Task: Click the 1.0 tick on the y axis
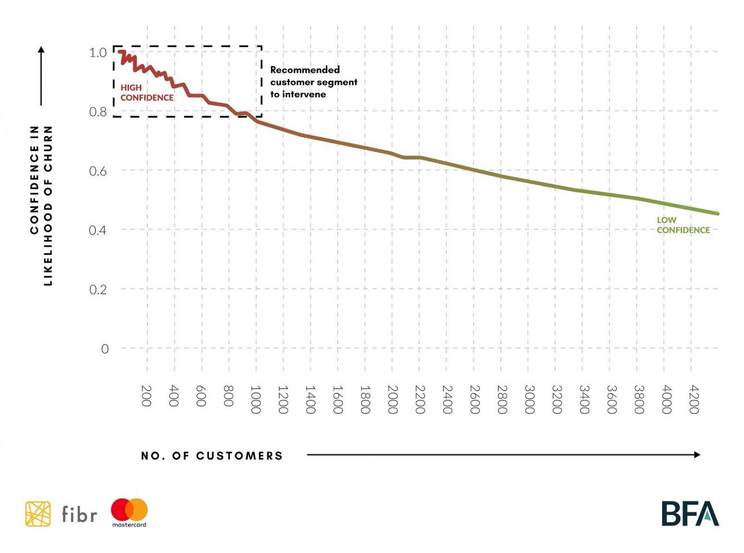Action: pyautogui.click(x=98, y=52)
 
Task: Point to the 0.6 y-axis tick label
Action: pyautogui.click(x=98, y=171)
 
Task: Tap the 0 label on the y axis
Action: pyautogui.click(x=105, y=349)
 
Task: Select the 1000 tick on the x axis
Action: pyautogui.click(x=256, y=399)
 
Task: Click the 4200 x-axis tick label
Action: pyautogui.click(x=694, y=399)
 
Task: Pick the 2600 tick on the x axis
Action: pyautogui.click(x=475, y=399)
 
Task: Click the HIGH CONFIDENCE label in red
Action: pyautogui.click(x=146, y=93)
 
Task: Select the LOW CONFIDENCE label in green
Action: pyautogui.click(x=683, y=225)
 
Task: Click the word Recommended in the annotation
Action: pyautogui.click(x=305, y=70)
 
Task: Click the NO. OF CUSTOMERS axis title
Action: pyautogui.click(x=212, y=456)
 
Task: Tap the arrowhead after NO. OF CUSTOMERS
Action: pyautogui.click(x=697, y=455)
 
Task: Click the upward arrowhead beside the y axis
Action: pyautogui.click(x=41, y=49)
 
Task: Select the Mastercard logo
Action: pyautogui.click(x=129, y=512)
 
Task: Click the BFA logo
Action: pyautogui.click(x=690, y=514)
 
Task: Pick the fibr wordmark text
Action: pyautogui.click(x=79, y=514)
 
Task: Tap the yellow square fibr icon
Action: pyautogui.click(x=38, y=514)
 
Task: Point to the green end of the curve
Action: pyautogui.click(x=717, y=213)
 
